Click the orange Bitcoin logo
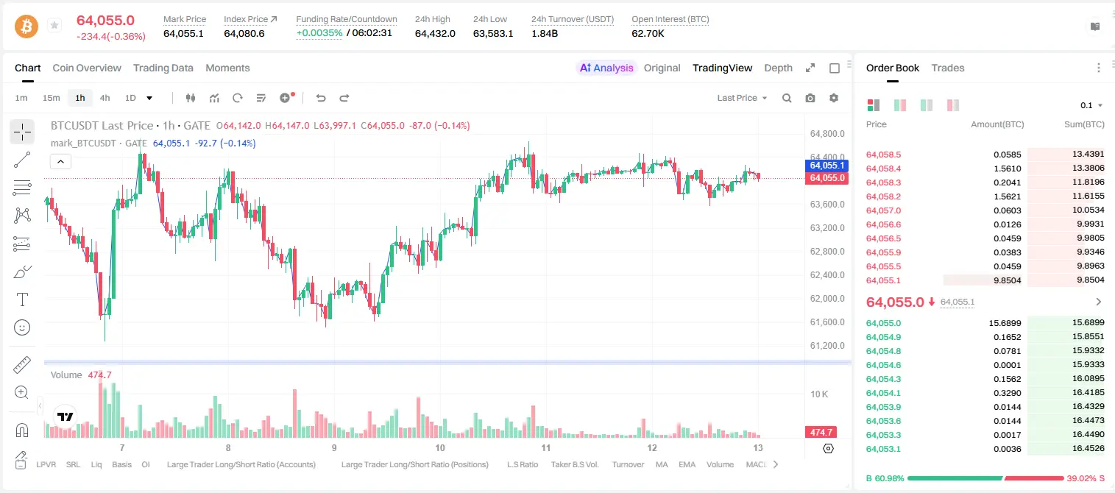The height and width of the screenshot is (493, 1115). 26,26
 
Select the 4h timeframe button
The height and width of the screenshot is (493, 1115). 105,98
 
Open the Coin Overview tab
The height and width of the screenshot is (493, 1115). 87,68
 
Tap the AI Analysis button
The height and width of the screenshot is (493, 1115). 606,68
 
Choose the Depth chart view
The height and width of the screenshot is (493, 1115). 778,68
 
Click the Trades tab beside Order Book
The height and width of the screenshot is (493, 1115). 948,68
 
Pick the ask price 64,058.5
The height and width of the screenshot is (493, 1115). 883,155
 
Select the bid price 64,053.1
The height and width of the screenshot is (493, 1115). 883,449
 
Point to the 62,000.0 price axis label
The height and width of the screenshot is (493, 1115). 827,299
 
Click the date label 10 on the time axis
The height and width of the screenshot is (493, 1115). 440,447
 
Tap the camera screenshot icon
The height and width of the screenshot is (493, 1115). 810,98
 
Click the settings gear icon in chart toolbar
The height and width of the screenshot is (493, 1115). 834,98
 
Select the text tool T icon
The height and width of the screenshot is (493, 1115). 22,299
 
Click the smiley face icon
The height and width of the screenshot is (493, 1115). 22,327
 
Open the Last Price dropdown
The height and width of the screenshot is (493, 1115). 742,98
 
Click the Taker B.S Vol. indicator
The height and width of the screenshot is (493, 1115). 574,464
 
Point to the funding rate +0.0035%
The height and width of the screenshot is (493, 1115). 319,33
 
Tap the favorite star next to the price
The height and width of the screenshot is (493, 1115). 54,25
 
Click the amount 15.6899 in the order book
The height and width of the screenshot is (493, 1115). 1005,323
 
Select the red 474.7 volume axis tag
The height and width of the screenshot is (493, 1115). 821,433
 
